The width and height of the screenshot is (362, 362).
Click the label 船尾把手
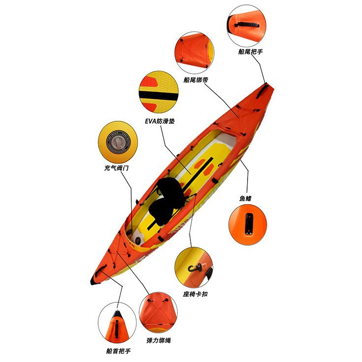(250, 51)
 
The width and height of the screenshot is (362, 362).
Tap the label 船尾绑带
(195, 79)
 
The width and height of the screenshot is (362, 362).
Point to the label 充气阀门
(116, 168)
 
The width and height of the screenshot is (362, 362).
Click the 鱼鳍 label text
(246, 198)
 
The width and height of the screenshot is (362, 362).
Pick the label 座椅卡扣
(195, 294)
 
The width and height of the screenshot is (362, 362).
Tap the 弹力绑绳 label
(159, 340)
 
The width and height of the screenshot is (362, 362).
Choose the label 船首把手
(118, 351)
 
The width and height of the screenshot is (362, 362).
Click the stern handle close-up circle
(247, 24)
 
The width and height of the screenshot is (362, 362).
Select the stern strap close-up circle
(194, 51)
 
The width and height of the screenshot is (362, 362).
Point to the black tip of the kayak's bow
(93, 280)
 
